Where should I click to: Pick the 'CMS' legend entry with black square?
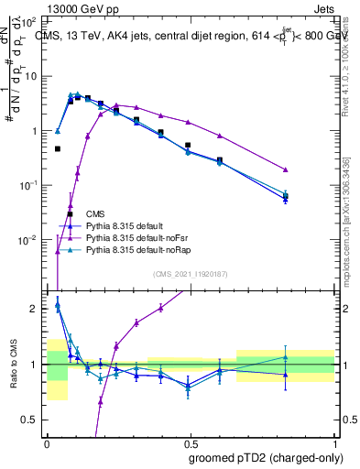94,213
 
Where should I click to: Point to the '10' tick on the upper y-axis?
33,76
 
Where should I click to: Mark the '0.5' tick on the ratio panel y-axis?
33,420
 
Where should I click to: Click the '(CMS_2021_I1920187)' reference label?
191,273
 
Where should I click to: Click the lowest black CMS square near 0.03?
71,214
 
